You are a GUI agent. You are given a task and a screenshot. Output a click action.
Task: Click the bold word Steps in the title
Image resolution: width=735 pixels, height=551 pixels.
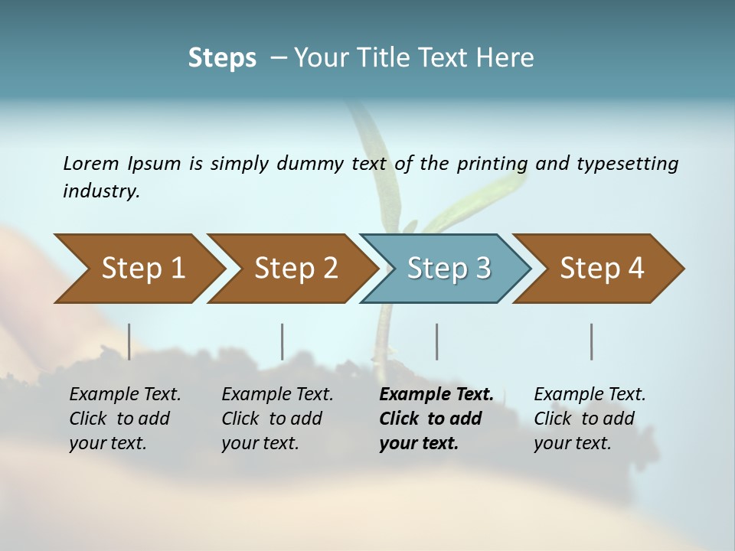click(222, 58)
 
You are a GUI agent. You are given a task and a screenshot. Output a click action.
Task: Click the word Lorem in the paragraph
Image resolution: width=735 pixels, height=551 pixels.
click(91, 163)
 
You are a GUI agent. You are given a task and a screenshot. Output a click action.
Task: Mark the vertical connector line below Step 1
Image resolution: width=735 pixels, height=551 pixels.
click(129, 341)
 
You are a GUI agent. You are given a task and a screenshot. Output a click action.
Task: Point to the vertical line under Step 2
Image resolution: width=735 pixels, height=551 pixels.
click(283, 341)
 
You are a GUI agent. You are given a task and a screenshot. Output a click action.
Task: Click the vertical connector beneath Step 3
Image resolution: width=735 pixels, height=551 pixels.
click(437, 341)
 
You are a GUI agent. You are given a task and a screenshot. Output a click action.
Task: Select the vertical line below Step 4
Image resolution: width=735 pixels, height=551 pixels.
click(592, 341)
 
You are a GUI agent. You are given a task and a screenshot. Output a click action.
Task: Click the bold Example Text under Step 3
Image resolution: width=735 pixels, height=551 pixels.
click(436, 395)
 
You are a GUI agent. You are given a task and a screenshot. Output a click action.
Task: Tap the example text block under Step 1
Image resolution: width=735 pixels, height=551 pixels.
click(125, 419)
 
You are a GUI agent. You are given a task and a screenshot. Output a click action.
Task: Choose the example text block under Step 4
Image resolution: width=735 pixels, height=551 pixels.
click(590, 419)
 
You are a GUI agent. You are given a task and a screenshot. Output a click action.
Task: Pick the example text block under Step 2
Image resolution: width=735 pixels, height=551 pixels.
click(277, 419)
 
